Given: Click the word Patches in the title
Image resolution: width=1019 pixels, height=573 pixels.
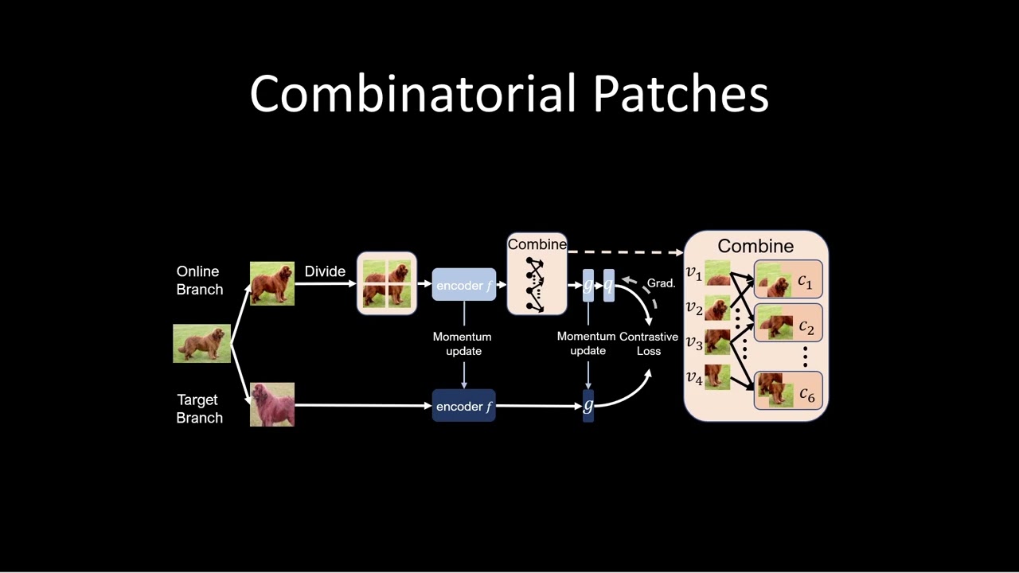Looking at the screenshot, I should click(681, 94).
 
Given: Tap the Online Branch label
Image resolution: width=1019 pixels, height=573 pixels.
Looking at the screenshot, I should click(199, 281).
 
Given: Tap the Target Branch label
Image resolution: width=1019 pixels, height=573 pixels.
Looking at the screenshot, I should click(199, 408).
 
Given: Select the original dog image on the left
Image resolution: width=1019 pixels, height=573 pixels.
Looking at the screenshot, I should click(201, 344).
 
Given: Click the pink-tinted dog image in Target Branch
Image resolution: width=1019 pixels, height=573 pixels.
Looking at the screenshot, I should click(272, 404).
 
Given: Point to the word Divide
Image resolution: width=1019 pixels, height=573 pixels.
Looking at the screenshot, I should click(325, 271).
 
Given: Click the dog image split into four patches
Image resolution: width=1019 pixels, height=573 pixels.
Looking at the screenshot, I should click(387, 283).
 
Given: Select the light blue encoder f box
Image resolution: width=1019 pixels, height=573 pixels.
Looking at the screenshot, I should click(464, 285).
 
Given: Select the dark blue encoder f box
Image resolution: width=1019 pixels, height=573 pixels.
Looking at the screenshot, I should click(464, 406).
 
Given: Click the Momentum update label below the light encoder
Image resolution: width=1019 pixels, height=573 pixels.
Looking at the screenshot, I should click(463, 344).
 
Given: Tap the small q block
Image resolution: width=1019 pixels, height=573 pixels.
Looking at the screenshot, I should click(609, 285).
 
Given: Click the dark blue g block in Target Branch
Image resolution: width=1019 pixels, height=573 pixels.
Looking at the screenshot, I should click(588, 406).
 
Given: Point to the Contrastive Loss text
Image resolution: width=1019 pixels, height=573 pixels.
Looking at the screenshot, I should click(649, 343).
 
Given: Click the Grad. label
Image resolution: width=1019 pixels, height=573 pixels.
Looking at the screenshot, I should click(661, 283).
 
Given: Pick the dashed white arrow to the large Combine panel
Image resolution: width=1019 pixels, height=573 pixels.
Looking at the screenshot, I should click(625, 252).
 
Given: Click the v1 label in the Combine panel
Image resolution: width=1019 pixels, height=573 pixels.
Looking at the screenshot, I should click(694, 274).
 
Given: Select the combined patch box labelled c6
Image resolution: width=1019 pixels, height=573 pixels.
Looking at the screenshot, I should click(788, 391).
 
